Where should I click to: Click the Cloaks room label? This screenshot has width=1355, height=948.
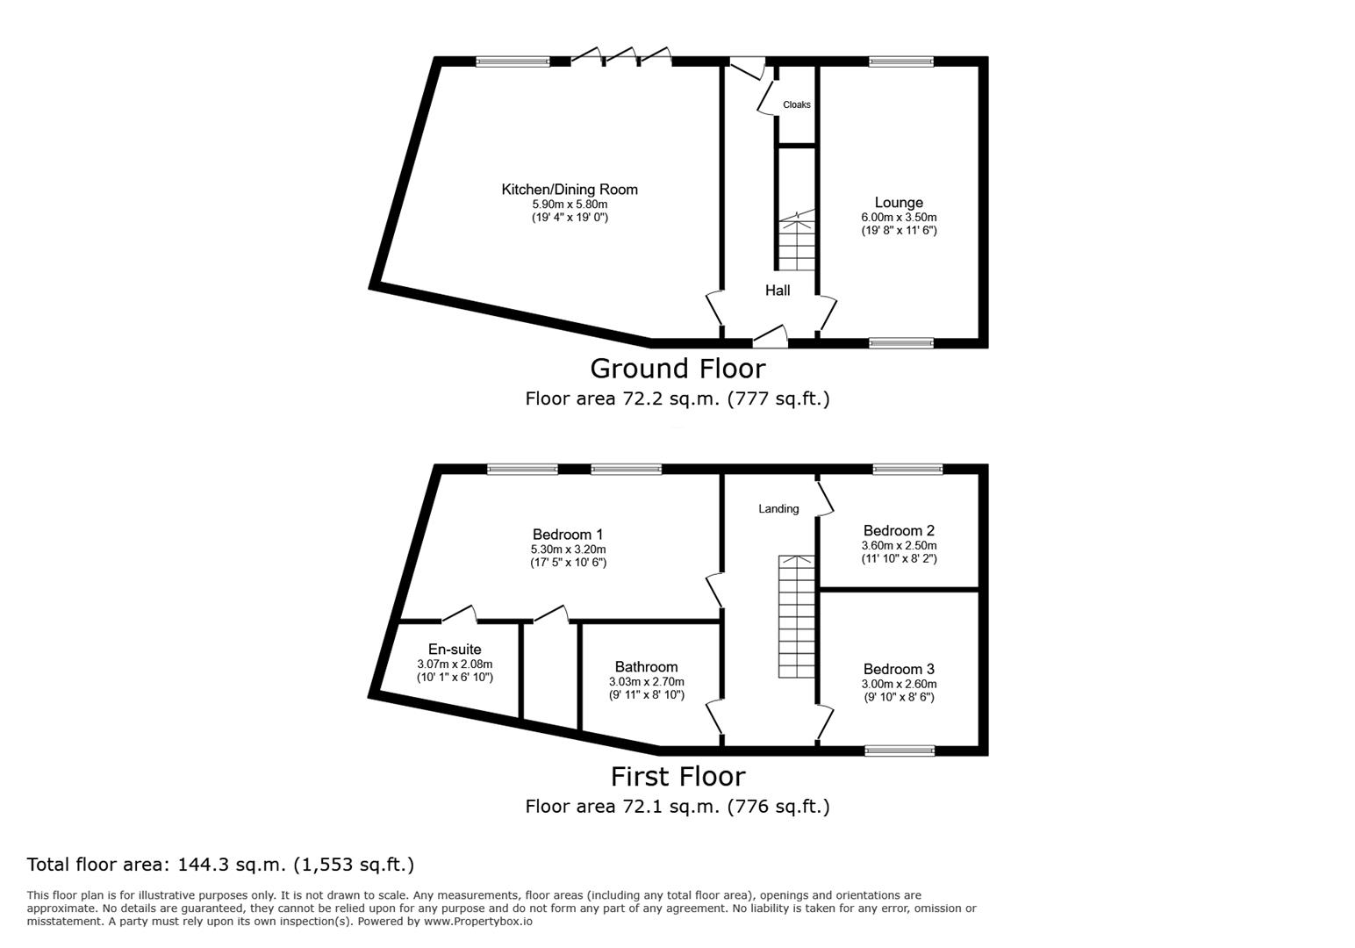tap(797, 104)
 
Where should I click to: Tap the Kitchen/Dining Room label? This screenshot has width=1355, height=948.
tap(570, 190)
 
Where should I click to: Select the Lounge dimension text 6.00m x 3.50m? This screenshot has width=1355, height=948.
tap(899, 217)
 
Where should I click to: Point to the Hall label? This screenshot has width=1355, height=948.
tap(778, 291)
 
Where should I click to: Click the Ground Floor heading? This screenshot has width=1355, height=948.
tap(677, 368)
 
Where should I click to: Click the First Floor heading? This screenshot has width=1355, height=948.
tap(677, 776)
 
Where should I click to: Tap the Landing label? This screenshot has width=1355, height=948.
tap(778, 509)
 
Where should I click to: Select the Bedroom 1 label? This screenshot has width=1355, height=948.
tap(568, 535)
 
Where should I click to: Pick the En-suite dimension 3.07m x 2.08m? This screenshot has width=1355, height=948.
tap(455, 664)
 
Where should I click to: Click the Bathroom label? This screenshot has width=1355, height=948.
tap(646, 667)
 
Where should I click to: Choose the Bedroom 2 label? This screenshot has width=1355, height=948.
tap(899, 530)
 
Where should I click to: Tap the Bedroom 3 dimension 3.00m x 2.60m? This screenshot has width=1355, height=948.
tap(899, 685)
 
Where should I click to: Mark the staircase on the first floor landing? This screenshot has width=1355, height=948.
tap(796, 616)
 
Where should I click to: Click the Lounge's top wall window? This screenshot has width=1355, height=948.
tap(901, 61)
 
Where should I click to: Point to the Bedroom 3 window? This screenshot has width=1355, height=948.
tap(900, 751)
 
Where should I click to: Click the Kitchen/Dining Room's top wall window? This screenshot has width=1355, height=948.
tap(513, 61)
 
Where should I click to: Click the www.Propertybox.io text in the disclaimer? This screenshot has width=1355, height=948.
tap(478, 922)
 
